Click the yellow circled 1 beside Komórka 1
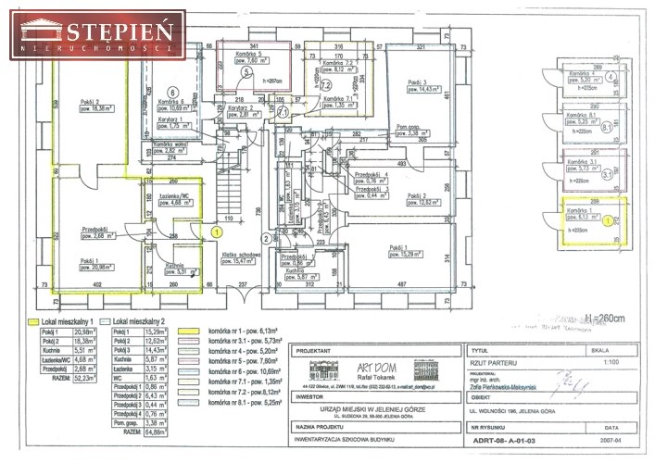point(608,219)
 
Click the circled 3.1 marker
point(608,172)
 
